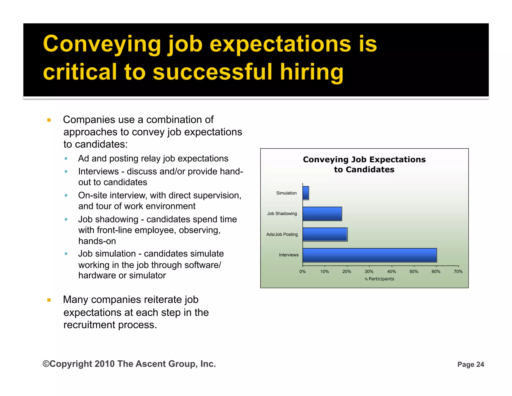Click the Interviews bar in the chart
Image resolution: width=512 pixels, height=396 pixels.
[369, 255]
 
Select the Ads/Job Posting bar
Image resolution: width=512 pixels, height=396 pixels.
[325, 234]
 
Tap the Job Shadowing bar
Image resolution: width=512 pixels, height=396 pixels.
[322, 214]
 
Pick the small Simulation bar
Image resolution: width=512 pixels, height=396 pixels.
[306, 193]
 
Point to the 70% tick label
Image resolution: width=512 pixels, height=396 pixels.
[458, 272]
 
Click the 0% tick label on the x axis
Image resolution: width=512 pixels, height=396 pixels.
[302, 272]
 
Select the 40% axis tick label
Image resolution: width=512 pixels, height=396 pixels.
[391, 272]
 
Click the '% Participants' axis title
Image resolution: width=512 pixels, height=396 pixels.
[379, 279]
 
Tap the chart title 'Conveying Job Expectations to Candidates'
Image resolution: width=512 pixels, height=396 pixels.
[364, 164]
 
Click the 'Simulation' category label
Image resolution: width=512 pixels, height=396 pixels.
[286, 193]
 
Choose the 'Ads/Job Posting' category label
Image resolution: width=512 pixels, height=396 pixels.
[282, 234]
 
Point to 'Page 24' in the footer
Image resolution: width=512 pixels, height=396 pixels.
[471, 364]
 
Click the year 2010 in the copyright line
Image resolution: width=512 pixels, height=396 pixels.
[105, 364]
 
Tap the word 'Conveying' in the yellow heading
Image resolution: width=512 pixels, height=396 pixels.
[102, 44]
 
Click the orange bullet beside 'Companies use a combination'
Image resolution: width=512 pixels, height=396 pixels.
[49, 120]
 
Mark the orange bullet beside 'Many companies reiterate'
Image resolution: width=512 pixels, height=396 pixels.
[49, 300]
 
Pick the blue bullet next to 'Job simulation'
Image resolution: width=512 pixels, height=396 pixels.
[66, 254]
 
